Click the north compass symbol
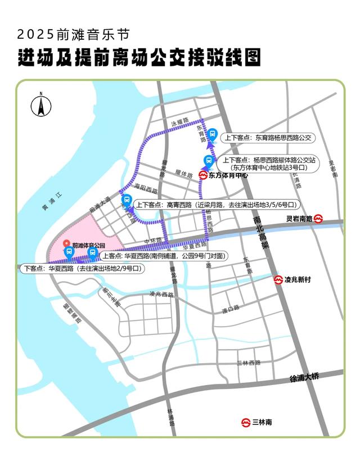[x=41, y=104]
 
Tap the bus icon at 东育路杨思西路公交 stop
[x=213, y=134]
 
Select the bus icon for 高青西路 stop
[x=127, y=200]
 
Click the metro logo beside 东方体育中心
[x=203, y=175]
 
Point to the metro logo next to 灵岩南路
[x=318, y=218]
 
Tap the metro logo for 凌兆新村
[x=278, y=279]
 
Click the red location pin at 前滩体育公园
[x=67, y=245]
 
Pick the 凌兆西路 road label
[x=162, y=294]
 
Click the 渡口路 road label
[x=231, y=309]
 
